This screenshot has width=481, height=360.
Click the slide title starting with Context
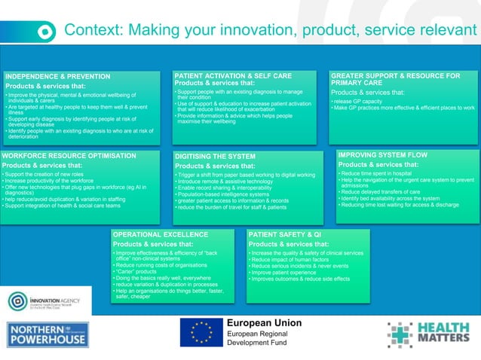pyautogui.click(x=270, y=30)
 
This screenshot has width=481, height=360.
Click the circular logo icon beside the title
pyautogui.click(x=46, y=32)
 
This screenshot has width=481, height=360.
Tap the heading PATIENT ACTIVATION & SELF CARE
pyautogui.click(x=233, y=76)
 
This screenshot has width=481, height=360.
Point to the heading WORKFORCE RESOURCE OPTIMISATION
pyautogui.click(x=69, y=156)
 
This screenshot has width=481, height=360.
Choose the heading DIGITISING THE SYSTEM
pyautogui.click(x=215, y=157)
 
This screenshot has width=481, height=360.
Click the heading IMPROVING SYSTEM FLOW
pyautogui.click(x=382, y=155)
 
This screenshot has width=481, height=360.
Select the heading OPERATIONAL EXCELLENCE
pyautogui.click(x=160, y=235)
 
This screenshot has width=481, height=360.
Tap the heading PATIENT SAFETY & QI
pyautogui.click(x=285, y=235)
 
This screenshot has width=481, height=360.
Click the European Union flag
pyautogui.click(x=201, y=331)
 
